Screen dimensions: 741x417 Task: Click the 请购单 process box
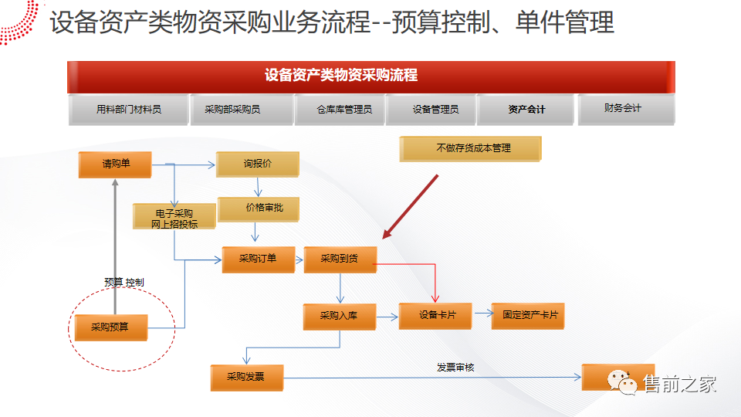[114, 164]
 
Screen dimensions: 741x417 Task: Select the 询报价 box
[257, 164]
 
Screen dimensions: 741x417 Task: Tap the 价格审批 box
[257, 208]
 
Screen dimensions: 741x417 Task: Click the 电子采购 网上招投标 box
[174, 218]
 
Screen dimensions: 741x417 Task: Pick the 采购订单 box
[258, 259]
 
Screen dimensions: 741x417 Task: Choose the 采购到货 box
[340, 259]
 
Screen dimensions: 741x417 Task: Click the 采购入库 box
[340, 315]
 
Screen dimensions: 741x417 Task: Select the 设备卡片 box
[435, 315]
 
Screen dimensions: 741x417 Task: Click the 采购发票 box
[246, 377]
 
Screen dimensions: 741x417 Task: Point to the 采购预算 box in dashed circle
[110, 327]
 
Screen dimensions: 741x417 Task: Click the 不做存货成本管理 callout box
[470, 148]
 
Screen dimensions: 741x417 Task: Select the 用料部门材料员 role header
[129, 110]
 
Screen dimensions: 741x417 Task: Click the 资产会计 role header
[526, 110]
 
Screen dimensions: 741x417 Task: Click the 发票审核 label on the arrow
[455, 368]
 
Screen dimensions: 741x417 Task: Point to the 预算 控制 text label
[124, 282]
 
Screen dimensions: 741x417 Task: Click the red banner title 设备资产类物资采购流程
[340, 76]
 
